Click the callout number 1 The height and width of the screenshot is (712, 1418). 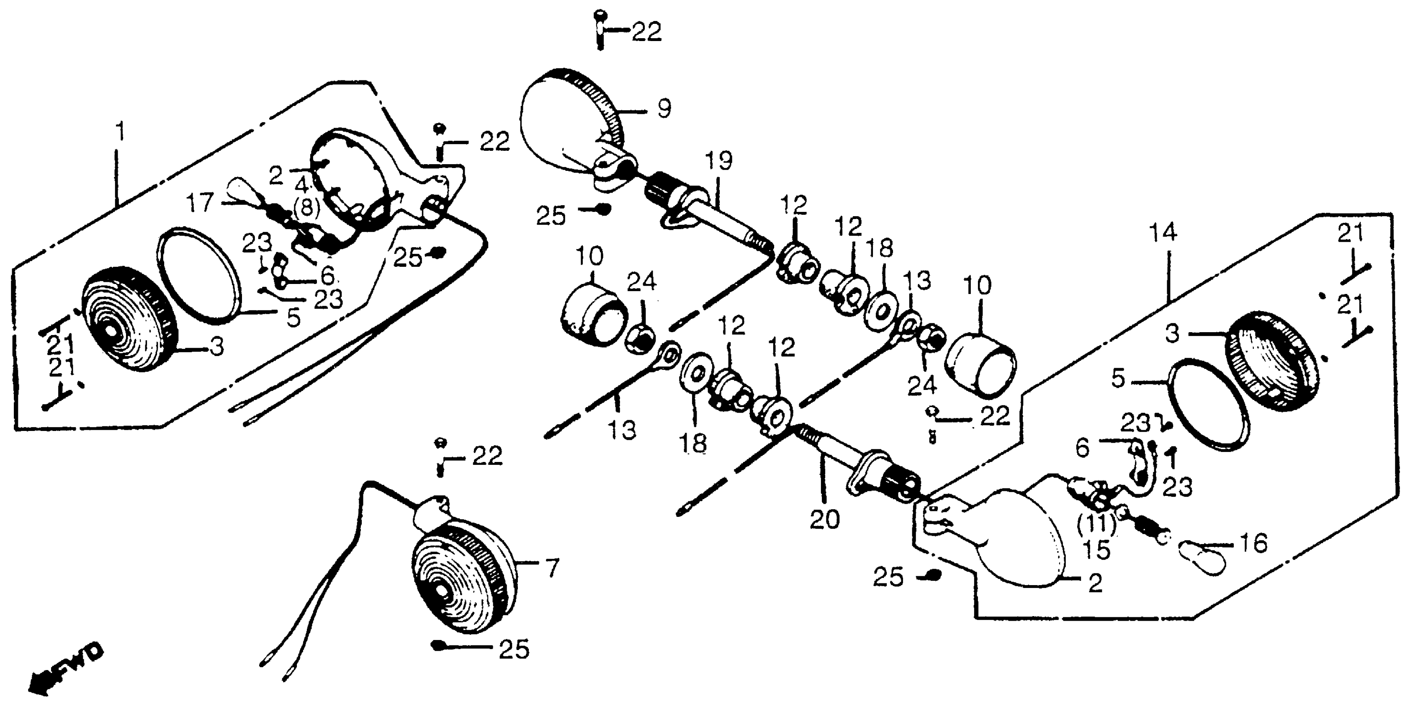click(119, 132)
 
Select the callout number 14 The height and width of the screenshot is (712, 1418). click(1163, 233)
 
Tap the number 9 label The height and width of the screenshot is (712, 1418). click(664, 108)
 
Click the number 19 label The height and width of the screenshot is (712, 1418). click(719, 161)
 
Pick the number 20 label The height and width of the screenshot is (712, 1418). click(825, 519)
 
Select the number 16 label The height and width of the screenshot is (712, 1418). click(1253, 544)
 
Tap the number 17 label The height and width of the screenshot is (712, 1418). click(199, 203)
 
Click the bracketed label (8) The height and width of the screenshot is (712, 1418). click(306, 208)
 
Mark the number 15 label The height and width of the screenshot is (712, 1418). click(1096, 549)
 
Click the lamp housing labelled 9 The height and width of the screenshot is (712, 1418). click(567, 129)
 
